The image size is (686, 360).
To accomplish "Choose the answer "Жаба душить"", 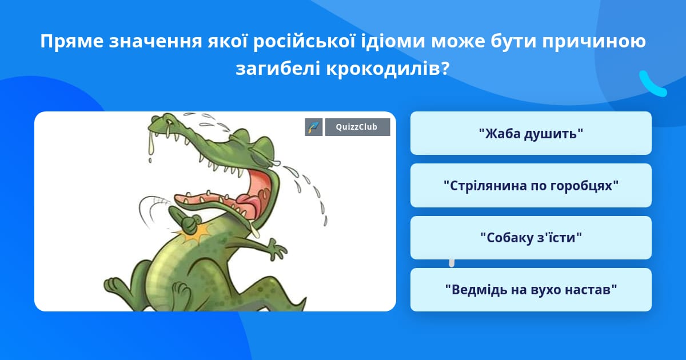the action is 531,133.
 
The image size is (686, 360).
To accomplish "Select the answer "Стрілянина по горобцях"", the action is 531,186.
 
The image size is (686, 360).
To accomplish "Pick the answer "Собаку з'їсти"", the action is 531,238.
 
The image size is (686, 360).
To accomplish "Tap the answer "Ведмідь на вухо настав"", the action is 531,290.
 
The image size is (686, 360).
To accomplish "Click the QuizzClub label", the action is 357,127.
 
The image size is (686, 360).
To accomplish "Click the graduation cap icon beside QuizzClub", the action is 314,127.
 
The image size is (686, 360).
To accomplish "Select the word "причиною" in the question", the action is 594,41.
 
